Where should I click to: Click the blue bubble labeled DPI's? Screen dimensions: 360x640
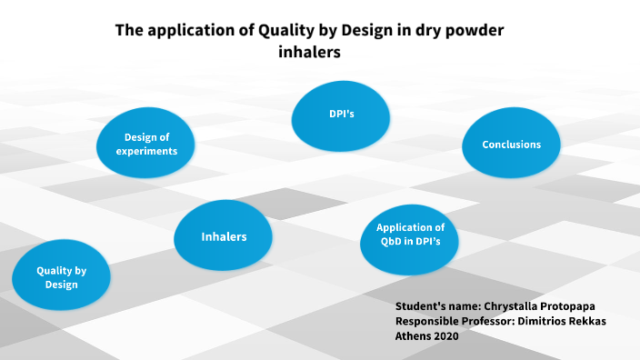pos(341,115)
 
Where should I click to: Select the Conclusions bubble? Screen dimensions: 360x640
pos(511,145)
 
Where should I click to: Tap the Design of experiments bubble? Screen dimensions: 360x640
pos(146,144)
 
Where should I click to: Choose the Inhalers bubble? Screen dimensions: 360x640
pos(224,236)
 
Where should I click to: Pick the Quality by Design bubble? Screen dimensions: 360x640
pos(61,277)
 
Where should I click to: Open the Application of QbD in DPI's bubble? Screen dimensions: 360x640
pos(410,235)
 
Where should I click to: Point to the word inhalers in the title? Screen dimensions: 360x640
pos(309,53)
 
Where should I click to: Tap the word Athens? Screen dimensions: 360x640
pos(414,336)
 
